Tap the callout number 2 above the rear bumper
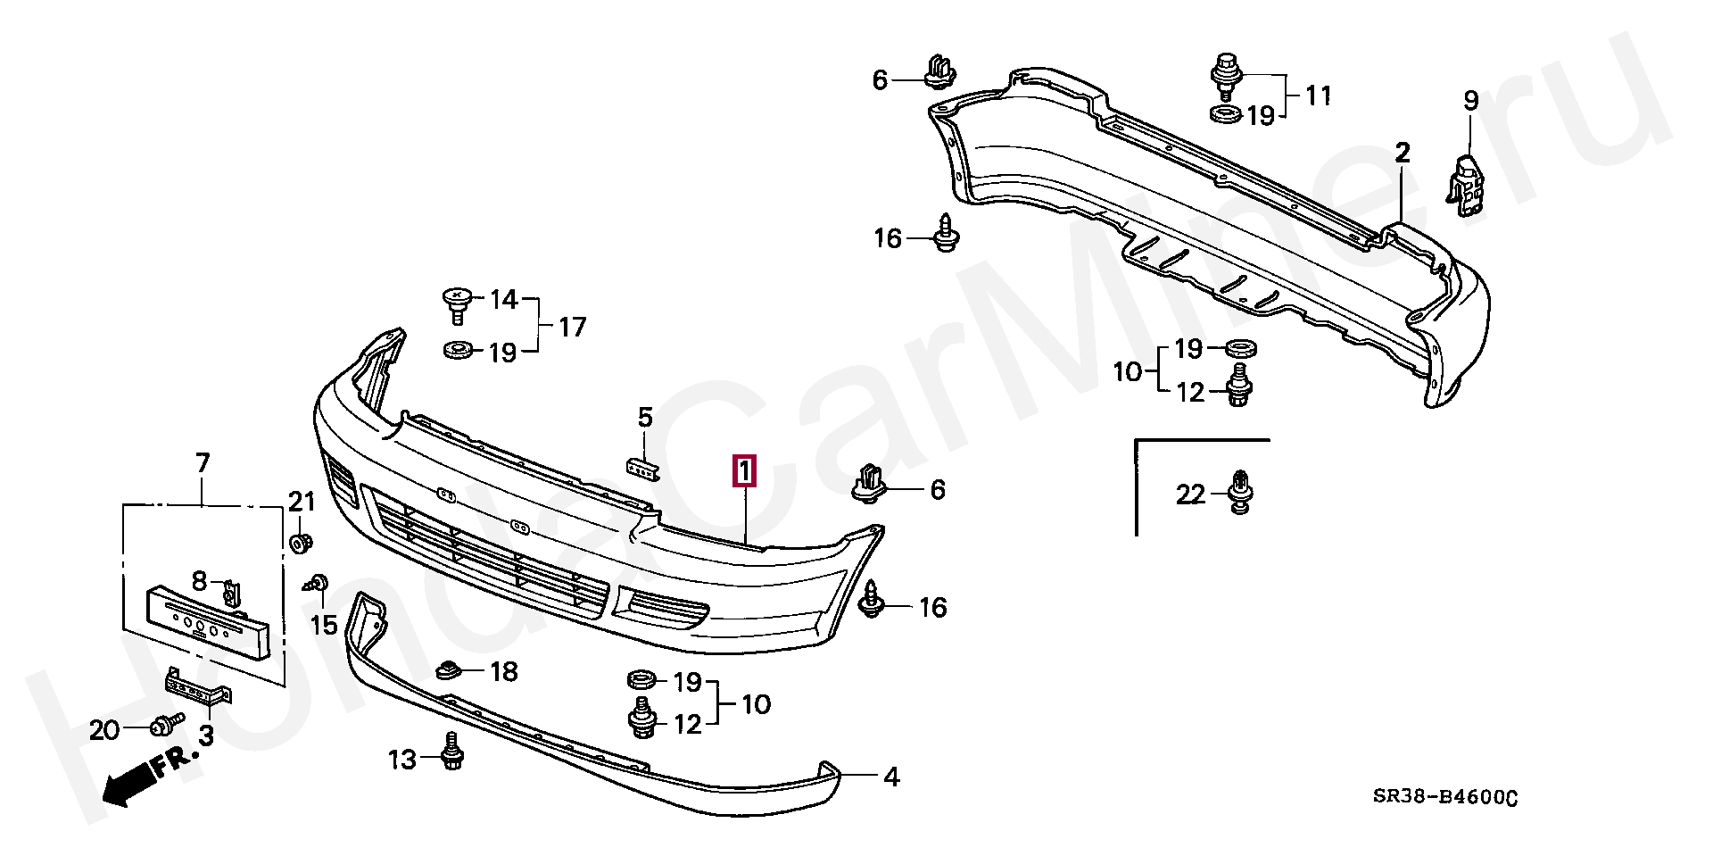pyautogui.click(x=1403, y=153)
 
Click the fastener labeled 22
pyautogui.click(x=1238, y=492)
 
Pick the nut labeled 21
pyautogui.click(x=301, y=542)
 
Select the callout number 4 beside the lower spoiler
pyautogui.click(x=891, y=777)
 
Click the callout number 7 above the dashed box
pyautogui.click(x=203, y=463)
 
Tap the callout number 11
pyautogui.click(x=1318, y=96)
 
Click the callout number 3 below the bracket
pyautogui.click(x=207, y=736)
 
